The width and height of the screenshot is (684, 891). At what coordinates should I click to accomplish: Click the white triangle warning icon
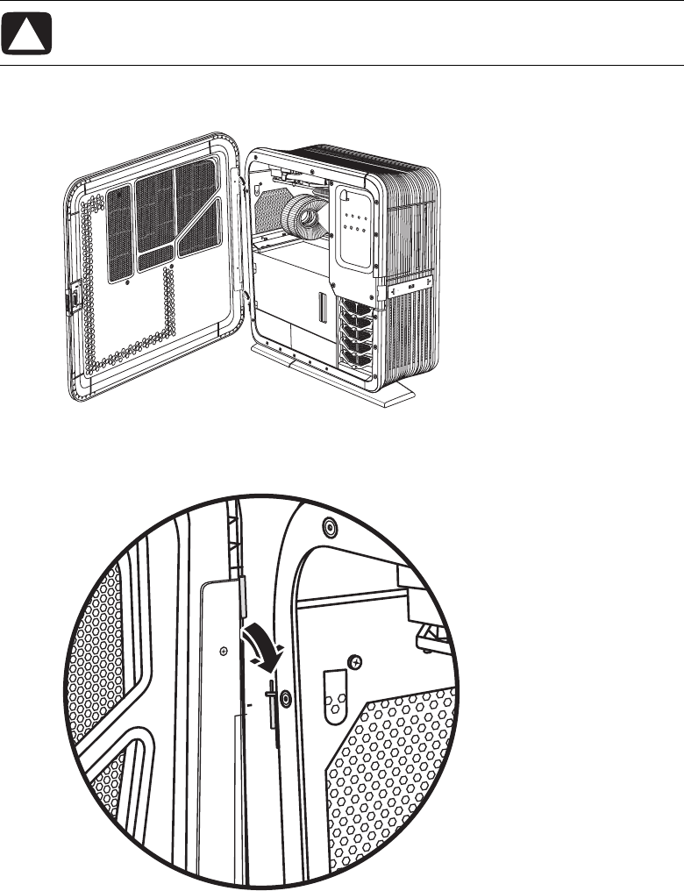click(x=32, y=37)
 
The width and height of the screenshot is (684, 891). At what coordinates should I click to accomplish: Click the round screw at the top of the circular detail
click(x=330, y=528)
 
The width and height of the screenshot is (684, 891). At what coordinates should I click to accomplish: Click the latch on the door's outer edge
click(x=74, y=297)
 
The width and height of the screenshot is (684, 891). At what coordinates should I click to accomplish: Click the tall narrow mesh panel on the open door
click(x=118, y=233)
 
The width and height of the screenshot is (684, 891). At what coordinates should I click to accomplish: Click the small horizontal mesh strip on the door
click(x=153, y=256)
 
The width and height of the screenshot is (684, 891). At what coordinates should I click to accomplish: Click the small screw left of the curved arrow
click(x=224, y=651)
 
